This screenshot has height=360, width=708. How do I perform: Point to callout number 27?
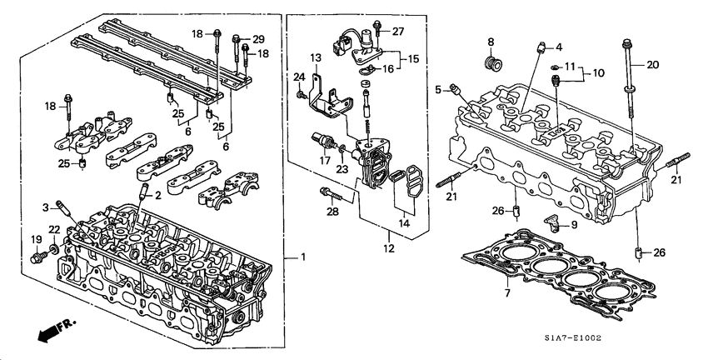[x=398, y=31]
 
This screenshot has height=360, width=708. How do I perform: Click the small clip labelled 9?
[x=551, y=221]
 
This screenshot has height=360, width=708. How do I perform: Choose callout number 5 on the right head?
[x=438, y=89]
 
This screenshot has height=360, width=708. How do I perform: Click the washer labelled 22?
[x=55, y=248]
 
